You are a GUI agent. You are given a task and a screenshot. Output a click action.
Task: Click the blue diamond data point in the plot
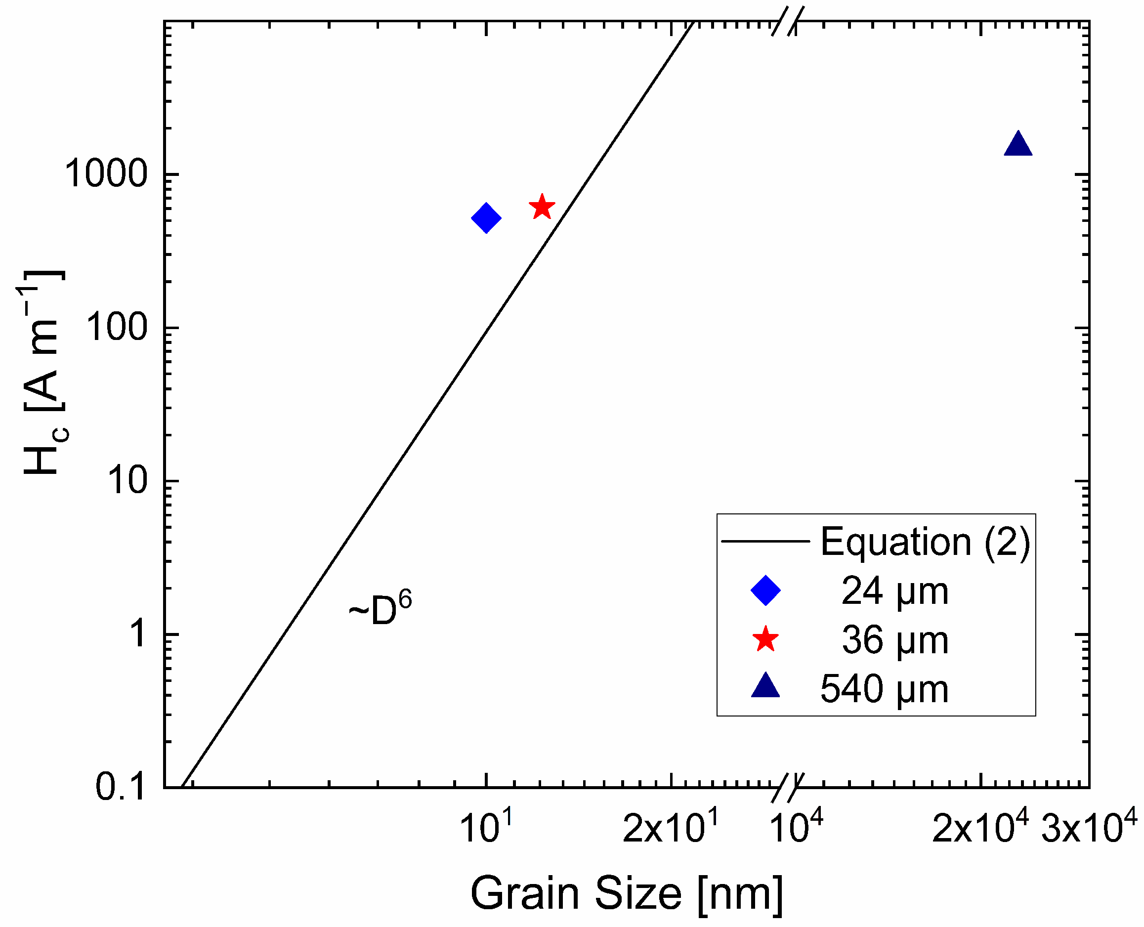(x=485, y=218)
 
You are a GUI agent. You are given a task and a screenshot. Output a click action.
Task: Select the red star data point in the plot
(x=542, y=207)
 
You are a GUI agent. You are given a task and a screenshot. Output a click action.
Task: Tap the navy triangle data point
(x=1017, y=145)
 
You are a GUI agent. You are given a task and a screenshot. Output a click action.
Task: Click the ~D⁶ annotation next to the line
(x=380, y=609)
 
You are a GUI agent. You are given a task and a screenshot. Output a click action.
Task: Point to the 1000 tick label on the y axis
(x=105, y=174)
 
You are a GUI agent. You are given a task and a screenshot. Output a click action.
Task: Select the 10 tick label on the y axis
(x=127, y=481)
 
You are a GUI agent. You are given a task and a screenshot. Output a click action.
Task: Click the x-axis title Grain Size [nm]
(x=626, y=893)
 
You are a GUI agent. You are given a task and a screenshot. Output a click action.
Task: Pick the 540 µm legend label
(x=884, y=689)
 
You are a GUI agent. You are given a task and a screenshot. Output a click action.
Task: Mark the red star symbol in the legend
(x=765, y=639)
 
